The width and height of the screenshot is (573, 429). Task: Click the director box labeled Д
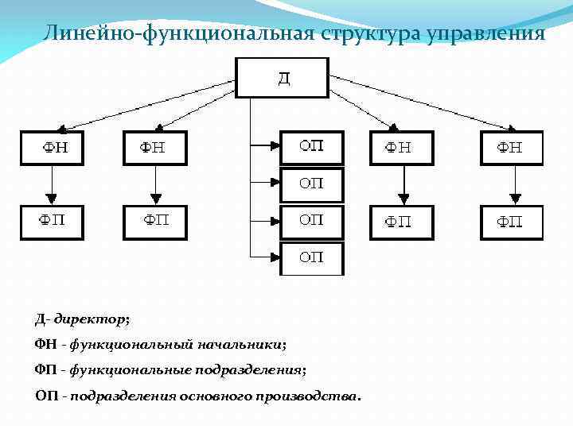click(x=283, y=78)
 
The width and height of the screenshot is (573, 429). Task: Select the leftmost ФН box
click(x=52, y=148)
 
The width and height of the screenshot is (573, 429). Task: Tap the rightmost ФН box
click(x=511, y=148)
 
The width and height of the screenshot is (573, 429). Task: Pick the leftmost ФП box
click(x=52, y=222)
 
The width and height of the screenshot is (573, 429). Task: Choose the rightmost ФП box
click(x=511, y=222)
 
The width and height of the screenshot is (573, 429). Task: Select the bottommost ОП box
click(x=311, y=258)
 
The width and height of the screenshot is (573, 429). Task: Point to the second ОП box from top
click(x=311, y=184)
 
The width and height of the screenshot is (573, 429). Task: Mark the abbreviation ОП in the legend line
click(x=46, y=395)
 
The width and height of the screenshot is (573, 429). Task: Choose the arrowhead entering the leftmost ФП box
click(x=52, y=199)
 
